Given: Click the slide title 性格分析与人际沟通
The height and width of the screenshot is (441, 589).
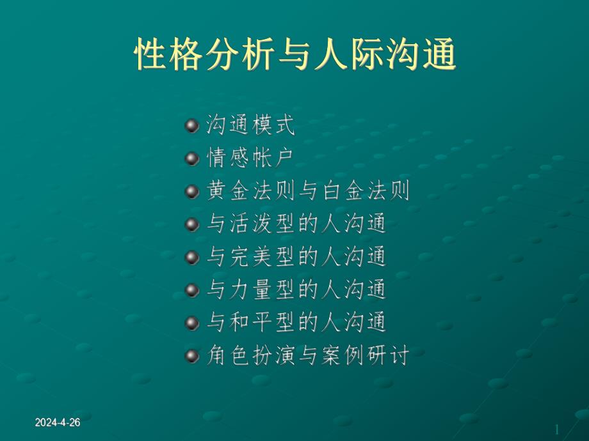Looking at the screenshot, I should [294, 55].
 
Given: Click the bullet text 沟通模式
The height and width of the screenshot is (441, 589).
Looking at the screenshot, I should [250, 125].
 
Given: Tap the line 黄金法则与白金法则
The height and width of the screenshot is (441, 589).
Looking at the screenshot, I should [308, 191].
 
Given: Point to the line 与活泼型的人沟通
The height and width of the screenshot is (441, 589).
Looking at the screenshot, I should [297, 224].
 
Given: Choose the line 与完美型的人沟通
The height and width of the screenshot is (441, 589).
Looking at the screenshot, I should [297, 257].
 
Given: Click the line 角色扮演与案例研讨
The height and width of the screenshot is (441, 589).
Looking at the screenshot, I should [308, 355].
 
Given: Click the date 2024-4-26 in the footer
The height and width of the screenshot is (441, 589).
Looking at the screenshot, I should [58, 423].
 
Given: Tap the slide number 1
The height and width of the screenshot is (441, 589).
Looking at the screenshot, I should [556, 428].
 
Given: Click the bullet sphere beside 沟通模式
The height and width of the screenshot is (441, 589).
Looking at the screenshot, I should [191, 125].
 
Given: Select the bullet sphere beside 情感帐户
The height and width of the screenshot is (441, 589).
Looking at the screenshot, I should [191, 158].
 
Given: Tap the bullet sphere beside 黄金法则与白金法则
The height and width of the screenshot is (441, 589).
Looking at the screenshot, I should [191, 191].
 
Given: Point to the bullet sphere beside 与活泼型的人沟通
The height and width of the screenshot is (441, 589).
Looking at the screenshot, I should [191, 224].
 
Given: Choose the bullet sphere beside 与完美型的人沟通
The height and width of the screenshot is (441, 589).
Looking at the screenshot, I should [191, 257].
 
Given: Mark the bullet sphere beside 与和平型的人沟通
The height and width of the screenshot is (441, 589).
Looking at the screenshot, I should [191, 323].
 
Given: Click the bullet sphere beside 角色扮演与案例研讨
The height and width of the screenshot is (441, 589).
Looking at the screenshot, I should [191, 355].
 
